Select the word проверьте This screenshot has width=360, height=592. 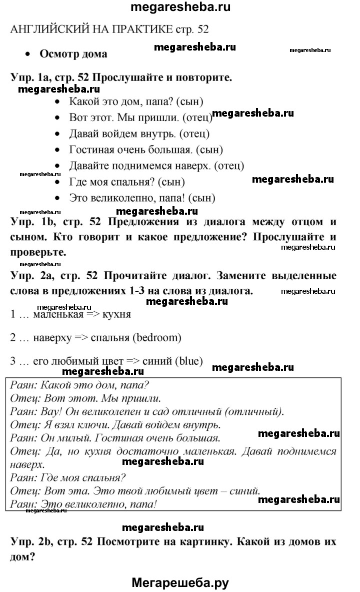click(38, 251)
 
